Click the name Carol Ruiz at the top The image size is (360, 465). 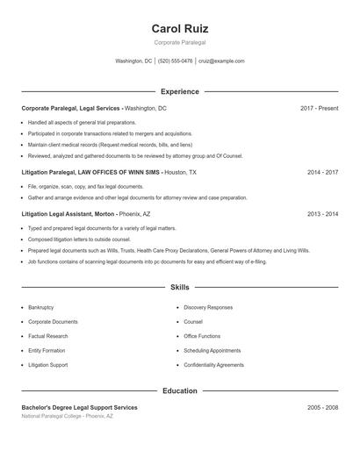click(180, 29)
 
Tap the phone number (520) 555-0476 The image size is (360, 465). click(175, 61)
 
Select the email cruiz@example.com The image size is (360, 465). click(221, 61)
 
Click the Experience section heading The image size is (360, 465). click(180, 91)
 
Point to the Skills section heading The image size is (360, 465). click(180, 287)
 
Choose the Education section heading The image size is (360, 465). click(180, 390)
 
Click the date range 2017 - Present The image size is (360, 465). click(319, 108)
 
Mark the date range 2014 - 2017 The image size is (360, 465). click(323, 173)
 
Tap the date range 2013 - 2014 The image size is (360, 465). click(323, 213)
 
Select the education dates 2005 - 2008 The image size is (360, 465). click(323, 408)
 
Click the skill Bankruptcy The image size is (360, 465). click(41, 308)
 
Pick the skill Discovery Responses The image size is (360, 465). click(208, 308)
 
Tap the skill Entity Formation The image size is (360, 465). click(46, 350)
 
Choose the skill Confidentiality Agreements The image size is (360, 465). click(213, 364)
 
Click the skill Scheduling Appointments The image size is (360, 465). click(212, 350)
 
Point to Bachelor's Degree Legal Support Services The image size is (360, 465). click(79, 408)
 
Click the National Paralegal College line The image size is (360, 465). click(68, 416)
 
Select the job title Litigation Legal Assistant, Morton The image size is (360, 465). click(68, 213)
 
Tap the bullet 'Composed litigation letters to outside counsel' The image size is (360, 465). click(79, 239)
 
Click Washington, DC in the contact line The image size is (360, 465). click(134, 61)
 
